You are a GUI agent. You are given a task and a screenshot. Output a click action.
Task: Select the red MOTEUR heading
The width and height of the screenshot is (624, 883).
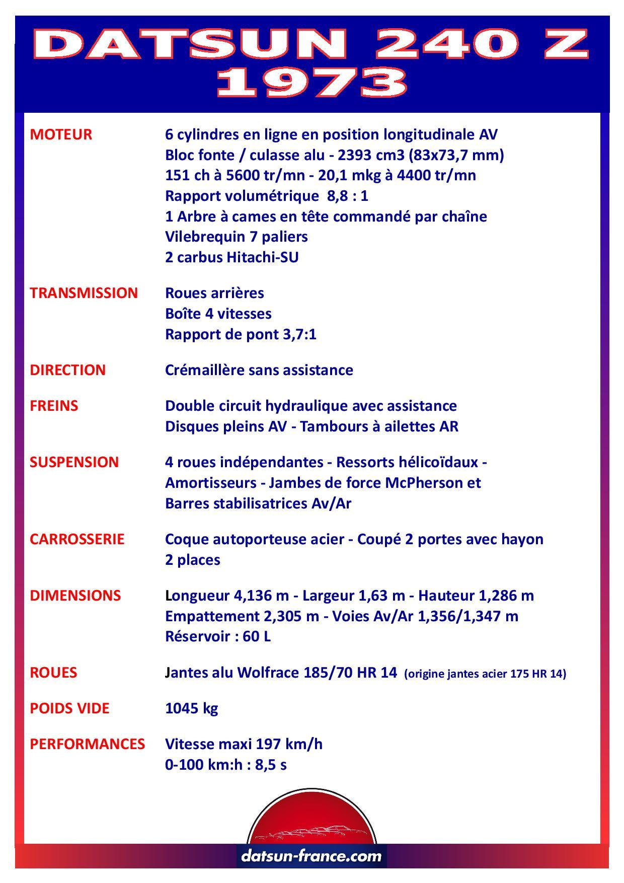pyautogui.click(x=61, y=134)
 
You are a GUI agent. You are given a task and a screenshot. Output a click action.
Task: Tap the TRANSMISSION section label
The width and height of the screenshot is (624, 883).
pyautogui.click(x=84, y=293)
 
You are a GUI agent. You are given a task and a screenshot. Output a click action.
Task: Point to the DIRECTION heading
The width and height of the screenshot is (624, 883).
pyautogui.click(x=68, y=370)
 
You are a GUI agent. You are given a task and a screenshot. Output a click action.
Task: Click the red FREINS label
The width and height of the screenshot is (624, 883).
pyautogui.click(x=54, y=406)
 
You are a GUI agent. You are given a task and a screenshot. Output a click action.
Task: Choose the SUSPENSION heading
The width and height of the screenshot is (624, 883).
pyautogui.click(x=74, y=462)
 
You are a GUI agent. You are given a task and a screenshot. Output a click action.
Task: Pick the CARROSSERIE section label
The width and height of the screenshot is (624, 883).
pyautogui.click(x=77, y=539)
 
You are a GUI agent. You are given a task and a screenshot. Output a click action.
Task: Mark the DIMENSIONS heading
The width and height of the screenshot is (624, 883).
pyautogui.click(x=75, y=596)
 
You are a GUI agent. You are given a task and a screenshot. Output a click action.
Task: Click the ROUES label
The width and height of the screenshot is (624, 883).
pyautogui.click(x=53, y=673)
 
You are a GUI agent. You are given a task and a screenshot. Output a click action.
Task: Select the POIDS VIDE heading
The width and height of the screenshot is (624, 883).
pyautogui.click(x=69, y=708)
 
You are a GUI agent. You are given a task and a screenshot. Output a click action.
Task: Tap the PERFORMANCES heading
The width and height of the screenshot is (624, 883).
pyautogui.click(x=87, y=744)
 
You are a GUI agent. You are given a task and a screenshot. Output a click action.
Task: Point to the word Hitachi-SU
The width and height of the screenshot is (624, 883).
pyautogui.click(x=263, y=257)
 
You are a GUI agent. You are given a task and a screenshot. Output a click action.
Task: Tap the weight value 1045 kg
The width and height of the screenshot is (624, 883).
pyautogui.click(x=192, y=709)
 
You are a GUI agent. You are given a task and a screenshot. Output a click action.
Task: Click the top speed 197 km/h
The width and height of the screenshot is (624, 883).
pyautogui.click(x=289, y=744)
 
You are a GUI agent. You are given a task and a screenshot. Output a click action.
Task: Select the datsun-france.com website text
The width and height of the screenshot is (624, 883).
pyautogui.click(x=311, y=856)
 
